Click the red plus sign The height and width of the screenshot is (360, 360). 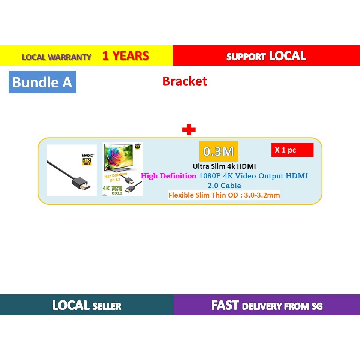click(x=189, y=130)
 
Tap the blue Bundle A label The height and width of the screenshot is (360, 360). click(x=42, y=82)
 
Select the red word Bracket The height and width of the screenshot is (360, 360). click(x=184, y=81)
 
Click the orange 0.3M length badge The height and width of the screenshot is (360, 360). click(x=219, y=151)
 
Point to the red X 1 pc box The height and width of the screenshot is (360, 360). click(x=292, y=150)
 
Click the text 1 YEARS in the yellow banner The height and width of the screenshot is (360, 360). click(x=126, y=56)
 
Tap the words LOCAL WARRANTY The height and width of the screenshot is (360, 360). click(x=57, y=57)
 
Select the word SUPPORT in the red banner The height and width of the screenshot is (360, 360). click(x=246, y=57)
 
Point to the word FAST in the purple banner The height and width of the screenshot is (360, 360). click(x=225, y=305)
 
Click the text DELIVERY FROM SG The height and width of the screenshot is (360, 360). click(x=282, y=306)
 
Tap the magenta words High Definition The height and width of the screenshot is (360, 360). click(x=168, y=176)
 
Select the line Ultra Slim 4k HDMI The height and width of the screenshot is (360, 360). click(x=224, y=166)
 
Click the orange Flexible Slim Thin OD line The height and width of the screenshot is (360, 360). click(x=224, y=195)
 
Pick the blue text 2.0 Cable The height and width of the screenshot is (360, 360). click(x=224, y=186)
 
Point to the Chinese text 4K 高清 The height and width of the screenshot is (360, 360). click(x=113, y=187)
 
